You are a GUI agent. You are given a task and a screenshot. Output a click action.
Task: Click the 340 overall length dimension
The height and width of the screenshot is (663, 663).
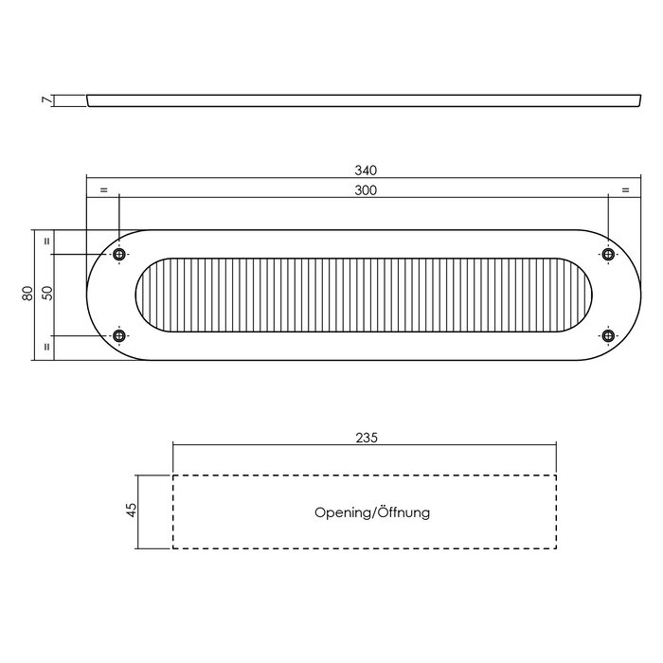367,170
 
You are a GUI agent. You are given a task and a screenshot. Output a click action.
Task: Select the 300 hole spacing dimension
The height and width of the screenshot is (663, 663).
367,190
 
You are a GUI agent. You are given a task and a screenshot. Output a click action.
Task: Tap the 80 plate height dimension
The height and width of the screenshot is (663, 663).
28,294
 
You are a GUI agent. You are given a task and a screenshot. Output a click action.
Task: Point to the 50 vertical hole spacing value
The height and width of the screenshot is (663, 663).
45,294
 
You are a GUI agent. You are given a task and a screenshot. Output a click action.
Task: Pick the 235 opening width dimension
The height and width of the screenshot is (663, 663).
367,438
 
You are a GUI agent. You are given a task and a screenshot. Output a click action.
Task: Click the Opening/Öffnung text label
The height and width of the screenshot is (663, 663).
372,512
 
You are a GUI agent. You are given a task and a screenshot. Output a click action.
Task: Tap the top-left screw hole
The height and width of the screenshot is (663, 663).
119,255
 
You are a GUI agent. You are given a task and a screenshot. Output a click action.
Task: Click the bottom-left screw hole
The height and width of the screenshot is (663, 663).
119,335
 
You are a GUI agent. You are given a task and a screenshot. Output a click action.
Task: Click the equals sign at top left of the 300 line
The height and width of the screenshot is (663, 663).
103,190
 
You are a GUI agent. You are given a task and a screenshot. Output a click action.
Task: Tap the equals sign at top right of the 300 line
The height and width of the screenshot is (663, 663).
625,190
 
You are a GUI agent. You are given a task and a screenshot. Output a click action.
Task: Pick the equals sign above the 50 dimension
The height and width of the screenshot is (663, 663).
45,242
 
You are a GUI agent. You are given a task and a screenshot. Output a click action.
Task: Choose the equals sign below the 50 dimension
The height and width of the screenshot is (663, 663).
45,348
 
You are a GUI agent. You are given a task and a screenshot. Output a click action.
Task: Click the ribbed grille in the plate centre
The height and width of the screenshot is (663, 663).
365,295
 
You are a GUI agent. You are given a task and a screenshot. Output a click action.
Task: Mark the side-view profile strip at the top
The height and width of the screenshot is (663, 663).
360,99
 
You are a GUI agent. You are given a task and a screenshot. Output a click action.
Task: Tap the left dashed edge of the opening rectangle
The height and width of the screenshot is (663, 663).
172,511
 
